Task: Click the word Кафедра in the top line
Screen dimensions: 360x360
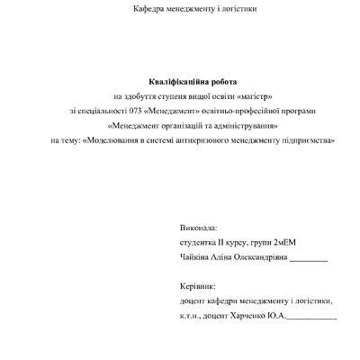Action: [x=148, y=9]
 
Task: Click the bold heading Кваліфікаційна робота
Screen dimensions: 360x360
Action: [x=180, y=81]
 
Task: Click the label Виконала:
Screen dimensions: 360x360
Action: [x=199, y=229]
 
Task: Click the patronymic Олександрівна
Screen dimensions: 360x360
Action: [x=258, y=258]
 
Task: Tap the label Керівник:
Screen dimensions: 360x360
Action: [x=199, y=287]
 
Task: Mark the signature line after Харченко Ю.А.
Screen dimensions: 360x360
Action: [x=312, y=318]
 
